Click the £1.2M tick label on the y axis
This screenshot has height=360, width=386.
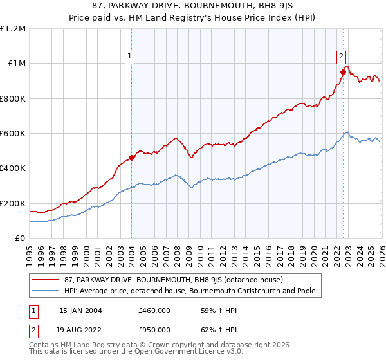[x=13, y=29]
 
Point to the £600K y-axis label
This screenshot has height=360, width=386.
[x=13, y=134]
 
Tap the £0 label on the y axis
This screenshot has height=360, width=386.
[x=21, y=239]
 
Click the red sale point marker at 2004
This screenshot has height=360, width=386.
[x=131, y=157]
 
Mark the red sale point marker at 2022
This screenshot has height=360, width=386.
[x=343, y=73]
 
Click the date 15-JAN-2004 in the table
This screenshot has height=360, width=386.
[x=80, y=310]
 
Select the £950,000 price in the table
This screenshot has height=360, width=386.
[x=154, y=329]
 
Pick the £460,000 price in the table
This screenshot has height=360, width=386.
[x=154, y=310]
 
